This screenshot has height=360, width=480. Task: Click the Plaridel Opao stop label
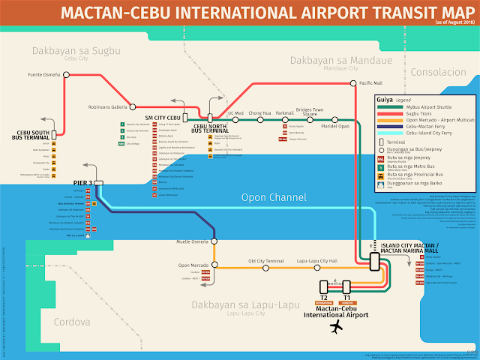tap(335, 127)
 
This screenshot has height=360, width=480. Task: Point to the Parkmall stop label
tap(285, 113)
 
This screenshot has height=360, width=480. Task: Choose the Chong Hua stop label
tap(260, 113)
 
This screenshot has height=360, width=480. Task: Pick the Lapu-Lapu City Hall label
tap(317, 261)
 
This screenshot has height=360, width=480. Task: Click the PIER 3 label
tap(80, 183)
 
